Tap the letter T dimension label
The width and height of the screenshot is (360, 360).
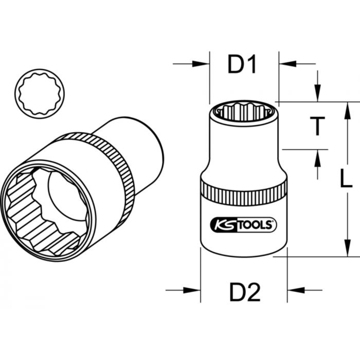tap(318, 126)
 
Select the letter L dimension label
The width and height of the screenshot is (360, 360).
tap(346, 179)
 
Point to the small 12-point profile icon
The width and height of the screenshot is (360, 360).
tap(40, 93)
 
